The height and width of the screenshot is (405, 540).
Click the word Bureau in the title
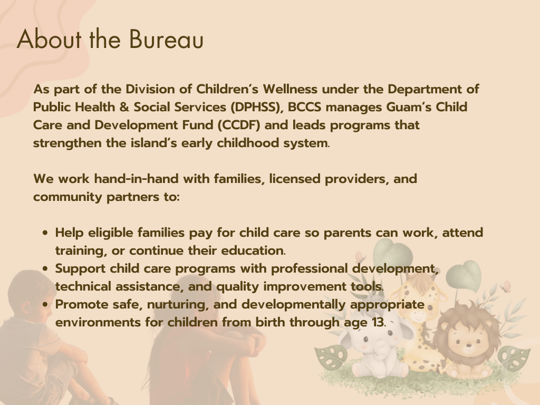[166, 39]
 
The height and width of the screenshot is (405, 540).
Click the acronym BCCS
[304, 107]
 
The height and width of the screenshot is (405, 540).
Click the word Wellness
[290, 89]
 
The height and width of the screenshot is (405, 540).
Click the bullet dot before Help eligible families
[45, 233]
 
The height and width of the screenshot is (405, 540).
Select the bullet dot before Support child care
[45, 269]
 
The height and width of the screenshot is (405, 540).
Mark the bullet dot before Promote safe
[45, 305]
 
